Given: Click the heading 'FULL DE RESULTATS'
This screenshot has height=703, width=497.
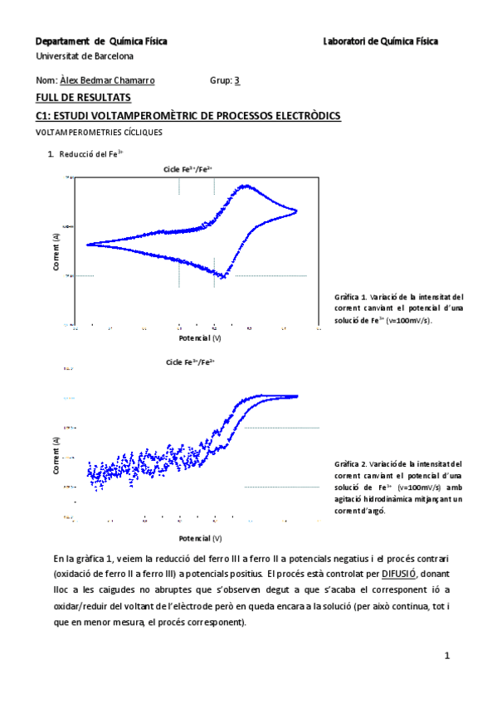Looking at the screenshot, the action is (x=73, y=98).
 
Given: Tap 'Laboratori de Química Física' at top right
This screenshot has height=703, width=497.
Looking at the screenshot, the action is (x=381, y=41).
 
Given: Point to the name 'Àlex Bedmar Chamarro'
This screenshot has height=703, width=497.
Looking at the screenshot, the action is (x=107, y=80).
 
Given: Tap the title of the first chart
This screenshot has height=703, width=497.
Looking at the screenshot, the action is (x=188, y=169).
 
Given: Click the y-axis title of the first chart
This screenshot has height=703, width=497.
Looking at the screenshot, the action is (x=56, y=249).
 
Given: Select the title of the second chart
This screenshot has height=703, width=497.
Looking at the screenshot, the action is (x=190, y=362).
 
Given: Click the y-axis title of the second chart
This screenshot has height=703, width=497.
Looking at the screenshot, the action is (x=56, y=453).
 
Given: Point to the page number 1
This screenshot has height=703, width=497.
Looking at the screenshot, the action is (x=446, y=656).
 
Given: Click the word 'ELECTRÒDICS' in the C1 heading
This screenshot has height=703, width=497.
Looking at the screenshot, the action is (x=300, y=115).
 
